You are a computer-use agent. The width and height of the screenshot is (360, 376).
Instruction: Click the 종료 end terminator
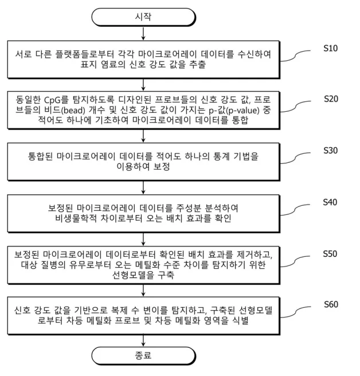coord(143,355)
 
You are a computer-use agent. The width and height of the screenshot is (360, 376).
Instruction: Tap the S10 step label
coord(331,48)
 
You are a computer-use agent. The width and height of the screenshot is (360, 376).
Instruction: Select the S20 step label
coord(331,99)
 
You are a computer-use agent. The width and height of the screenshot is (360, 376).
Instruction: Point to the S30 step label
coord(331,151)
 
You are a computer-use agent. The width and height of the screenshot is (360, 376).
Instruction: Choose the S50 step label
coord(331,253)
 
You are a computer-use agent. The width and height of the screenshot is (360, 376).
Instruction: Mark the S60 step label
coord(331,304)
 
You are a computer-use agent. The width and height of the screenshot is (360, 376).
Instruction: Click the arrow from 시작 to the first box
coord(143,34)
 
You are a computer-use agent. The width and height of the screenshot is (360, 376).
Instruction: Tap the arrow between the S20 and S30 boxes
coord(143,135)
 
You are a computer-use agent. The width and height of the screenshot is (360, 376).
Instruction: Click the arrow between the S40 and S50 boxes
coord(143,237)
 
